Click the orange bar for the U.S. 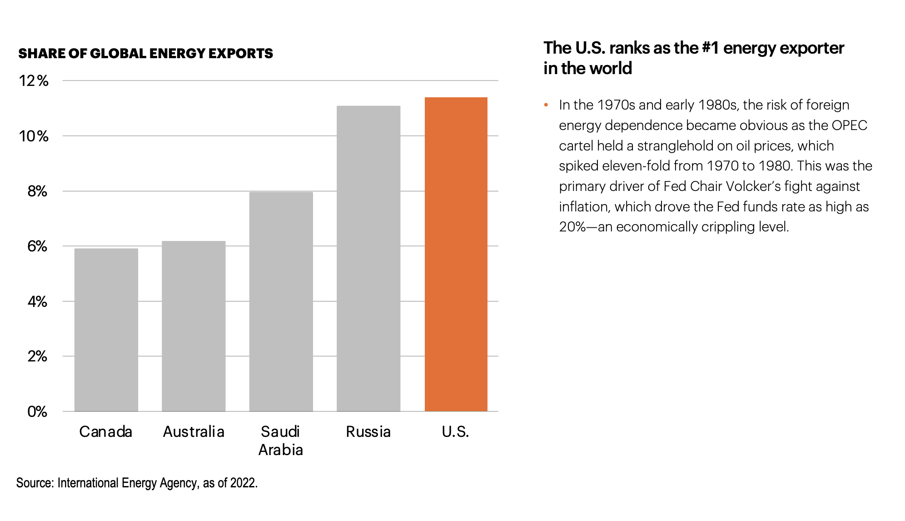point(456,255)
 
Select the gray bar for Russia point(368,259)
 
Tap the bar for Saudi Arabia point(281,302)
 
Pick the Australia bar point(194,326)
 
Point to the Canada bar point(106,330)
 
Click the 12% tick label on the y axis point(34,81)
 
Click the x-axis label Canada point(106,432)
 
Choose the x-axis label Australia point(194,432)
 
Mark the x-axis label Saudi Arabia point(281,441)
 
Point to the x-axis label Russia point(368,432)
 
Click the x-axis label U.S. point(456,432)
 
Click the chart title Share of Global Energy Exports point(146,54)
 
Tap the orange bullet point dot point(546,105)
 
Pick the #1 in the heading point(710,48)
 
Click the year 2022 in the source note point(243,483)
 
